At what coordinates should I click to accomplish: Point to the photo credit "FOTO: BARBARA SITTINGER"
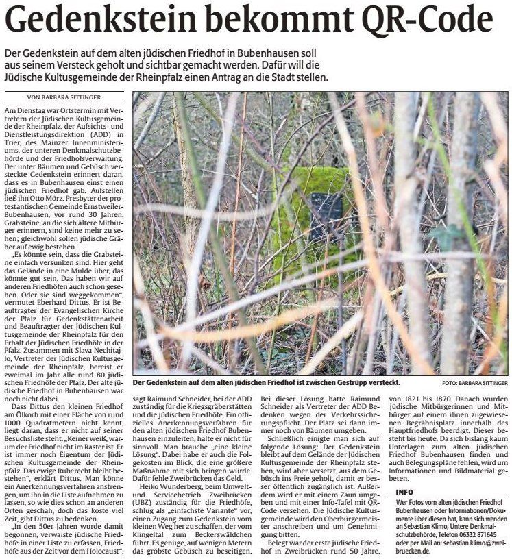(x=475, y=383)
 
